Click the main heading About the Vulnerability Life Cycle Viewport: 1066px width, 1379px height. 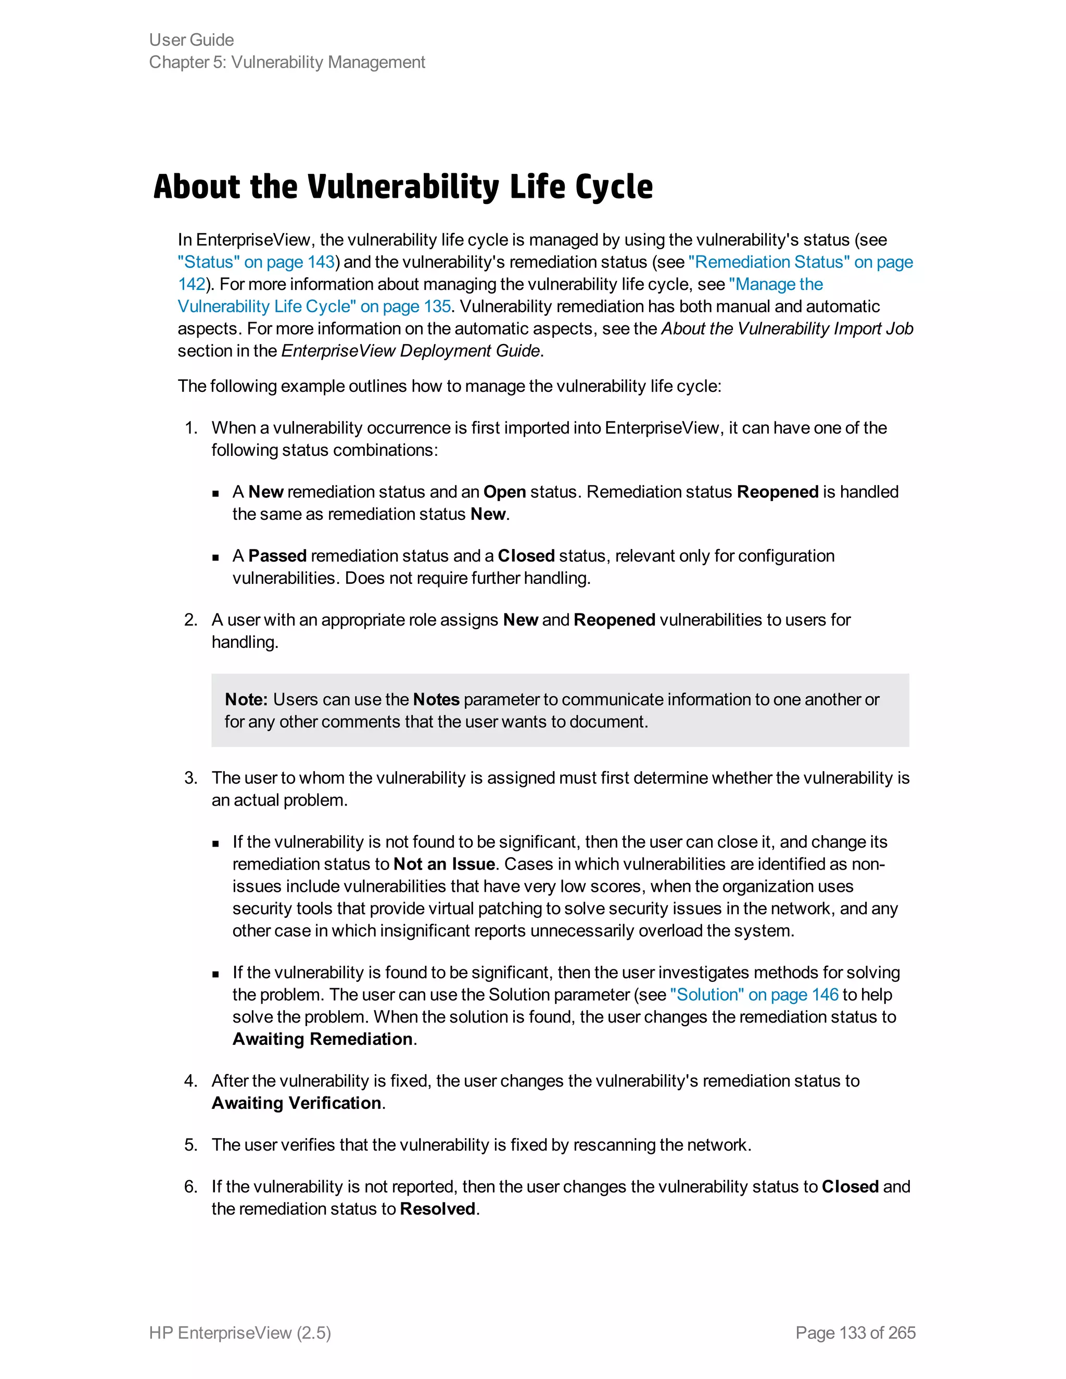[403, 187]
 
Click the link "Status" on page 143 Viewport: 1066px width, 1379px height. [256, 262]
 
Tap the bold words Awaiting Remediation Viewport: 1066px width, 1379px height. [323, 1039]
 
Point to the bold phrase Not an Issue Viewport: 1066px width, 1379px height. [444, 864]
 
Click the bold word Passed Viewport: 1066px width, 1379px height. [277, 556]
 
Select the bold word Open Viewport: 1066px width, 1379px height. [504, 492]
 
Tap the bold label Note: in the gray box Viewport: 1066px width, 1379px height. [246, 699]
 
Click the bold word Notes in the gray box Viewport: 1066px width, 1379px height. [436, 699]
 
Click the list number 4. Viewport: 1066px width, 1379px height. [191, 1081]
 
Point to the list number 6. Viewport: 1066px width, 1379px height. [191, 1186]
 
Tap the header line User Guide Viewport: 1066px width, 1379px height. [192, 40]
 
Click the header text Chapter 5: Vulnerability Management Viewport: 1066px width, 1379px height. [287, 62]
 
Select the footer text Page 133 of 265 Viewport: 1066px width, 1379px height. [855, 1332]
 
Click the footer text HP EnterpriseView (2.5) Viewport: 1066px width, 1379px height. [240, 1332]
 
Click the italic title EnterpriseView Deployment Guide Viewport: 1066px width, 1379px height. [411, 351]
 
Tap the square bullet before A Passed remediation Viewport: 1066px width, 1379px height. [216, 557]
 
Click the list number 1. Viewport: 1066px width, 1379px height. [191, 428]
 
